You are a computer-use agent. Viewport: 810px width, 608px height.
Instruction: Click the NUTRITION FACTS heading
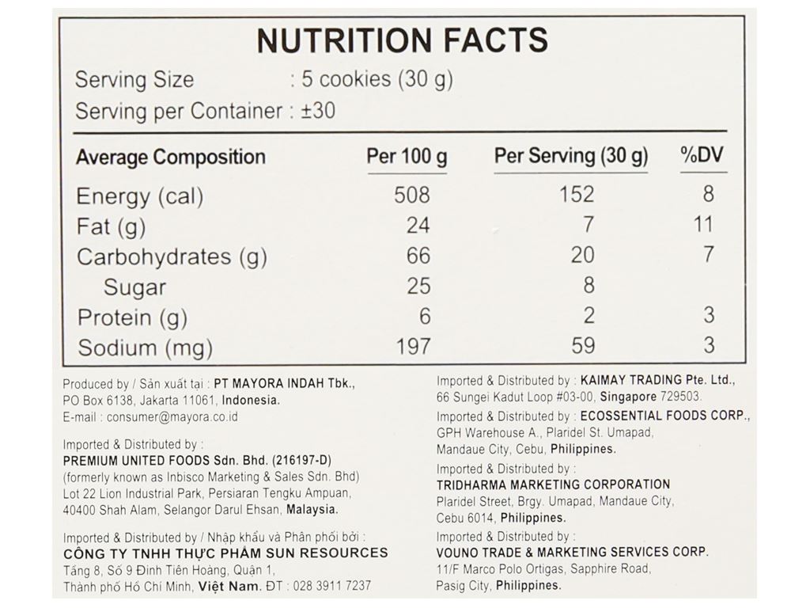click(402, 40)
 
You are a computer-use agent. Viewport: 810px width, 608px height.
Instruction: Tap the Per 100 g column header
click(407, 156)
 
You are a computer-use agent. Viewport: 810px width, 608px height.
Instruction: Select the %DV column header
click(702, 156)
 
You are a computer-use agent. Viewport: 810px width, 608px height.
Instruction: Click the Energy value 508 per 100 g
click(412, 195)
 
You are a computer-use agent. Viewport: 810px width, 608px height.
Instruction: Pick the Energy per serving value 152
click(576, 195)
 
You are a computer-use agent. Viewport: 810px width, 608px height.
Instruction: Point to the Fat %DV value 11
click(703, 225)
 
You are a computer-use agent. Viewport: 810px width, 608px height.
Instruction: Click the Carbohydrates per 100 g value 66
click(418, 256)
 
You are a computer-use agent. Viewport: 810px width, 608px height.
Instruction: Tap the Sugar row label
click(134, 287)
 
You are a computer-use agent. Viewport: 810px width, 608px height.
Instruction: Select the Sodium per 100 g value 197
click(412, 346)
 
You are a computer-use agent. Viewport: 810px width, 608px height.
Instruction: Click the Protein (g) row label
click(132, 317)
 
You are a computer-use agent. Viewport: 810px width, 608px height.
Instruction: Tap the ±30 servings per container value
click(318, 111)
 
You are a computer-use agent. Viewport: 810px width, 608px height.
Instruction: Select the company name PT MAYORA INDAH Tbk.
click(284, 383)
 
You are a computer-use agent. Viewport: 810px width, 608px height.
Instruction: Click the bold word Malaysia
click(312, 510)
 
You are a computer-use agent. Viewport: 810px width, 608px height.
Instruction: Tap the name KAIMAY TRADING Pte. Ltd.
click(657, 380)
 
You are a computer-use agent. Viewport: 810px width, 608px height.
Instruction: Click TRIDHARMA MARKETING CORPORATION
click(553, 484)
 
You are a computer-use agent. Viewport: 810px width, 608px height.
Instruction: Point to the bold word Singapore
click(628, 397)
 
